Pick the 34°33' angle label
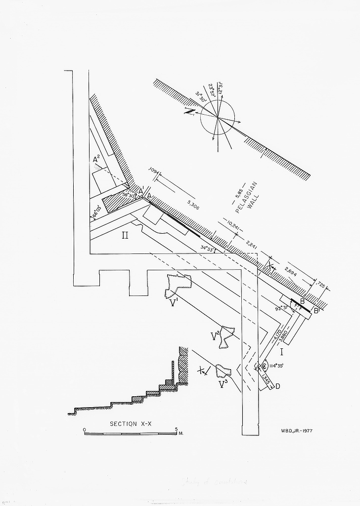click(207, 248)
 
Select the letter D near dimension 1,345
click(277, 386)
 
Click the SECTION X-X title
click(130, 424)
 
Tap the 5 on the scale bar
click(176, 429)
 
